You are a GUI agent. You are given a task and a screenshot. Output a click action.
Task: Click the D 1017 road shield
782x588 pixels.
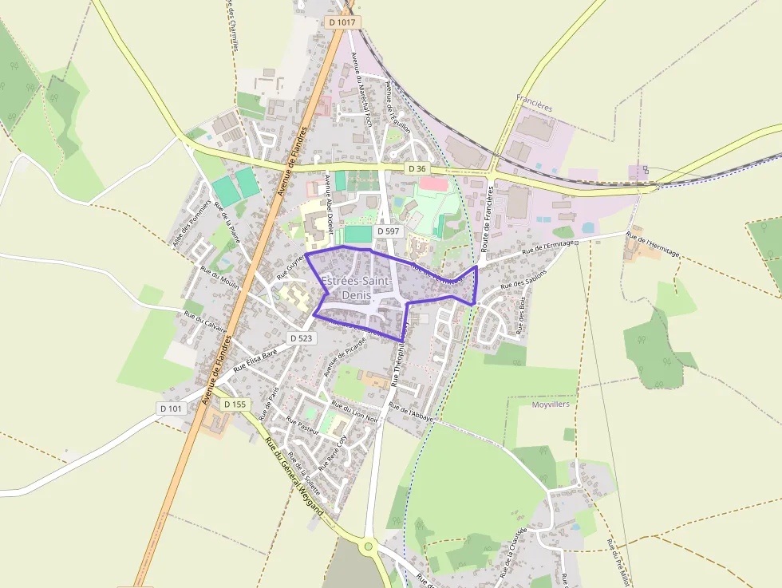pyautogui.click(x=342, y=22)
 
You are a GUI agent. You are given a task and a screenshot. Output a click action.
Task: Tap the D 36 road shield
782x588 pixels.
pyautogui.click(x=417, y=168)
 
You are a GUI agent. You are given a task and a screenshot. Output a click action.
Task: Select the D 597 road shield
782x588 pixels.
pyautogui.click(x=390, y=231)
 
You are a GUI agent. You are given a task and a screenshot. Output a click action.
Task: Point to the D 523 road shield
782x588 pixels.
pyautogui.click(x=301, y=338)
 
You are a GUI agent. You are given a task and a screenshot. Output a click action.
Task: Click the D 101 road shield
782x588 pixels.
pyautogui.click(x=171, y=408)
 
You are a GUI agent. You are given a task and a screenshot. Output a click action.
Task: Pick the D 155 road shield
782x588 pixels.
pyautogui.click(x=235, y=404)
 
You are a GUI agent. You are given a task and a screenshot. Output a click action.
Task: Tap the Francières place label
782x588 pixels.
pyautogui.click(x=534, y=105)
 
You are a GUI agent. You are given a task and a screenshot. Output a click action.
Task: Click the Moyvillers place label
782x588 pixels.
pyautogui.click(x=550, y=405)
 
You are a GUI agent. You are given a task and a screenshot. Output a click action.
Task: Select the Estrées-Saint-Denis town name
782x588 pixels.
pyautogui.click(x=356, y=288)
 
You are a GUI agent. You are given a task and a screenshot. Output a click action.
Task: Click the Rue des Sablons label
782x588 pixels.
pyautogui.click(x=524, y=285)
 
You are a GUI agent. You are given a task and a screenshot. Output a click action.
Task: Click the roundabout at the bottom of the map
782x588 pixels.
pyautogui.click(x=368, y=547)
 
